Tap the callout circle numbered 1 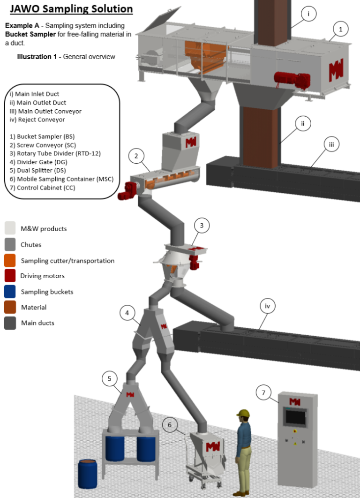coord(341,29)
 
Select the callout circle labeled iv coord(268,306)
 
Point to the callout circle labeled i coord(308,14)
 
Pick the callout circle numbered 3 coord(202,226)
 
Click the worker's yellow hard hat coord(242,413)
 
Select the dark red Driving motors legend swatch coord(11,276)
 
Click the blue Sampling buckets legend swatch coord(11,292)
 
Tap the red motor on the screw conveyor coord(127,189)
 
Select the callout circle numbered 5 coord(110,378)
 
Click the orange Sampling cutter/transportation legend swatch coord(11,260)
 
